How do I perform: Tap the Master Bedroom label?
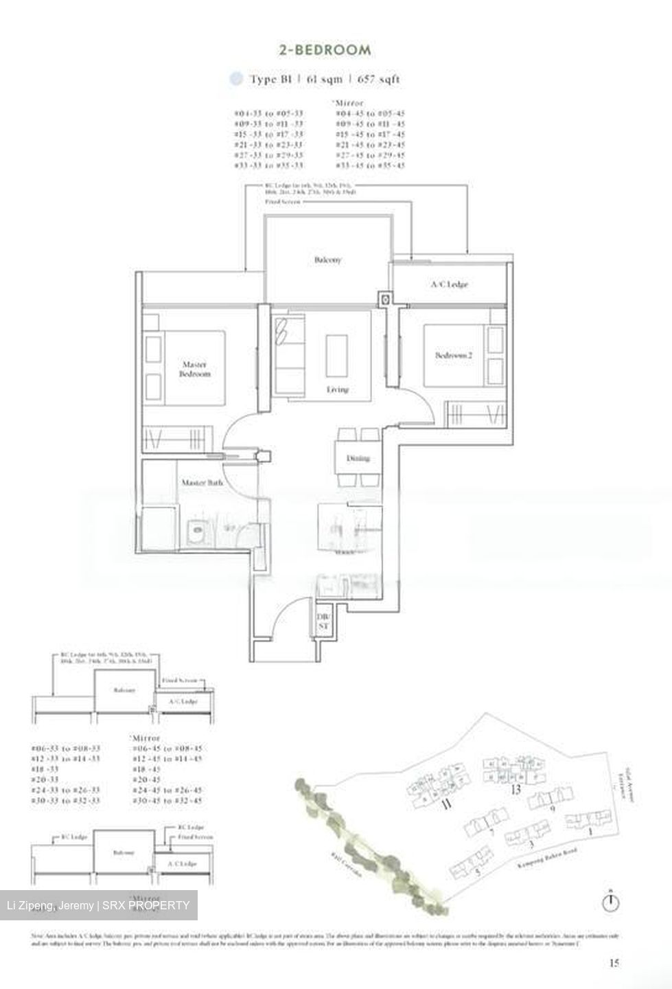195,370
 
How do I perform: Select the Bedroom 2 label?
454,355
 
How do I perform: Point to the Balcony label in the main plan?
327,260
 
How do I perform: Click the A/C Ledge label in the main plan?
450,284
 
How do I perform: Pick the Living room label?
337,389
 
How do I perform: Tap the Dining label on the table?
358,458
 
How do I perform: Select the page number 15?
614,963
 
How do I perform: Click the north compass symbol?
610,902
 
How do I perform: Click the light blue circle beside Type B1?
236,79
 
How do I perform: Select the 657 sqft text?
378,79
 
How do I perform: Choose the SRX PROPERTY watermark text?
147,905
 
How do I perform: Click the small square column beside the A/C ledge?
385,299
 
